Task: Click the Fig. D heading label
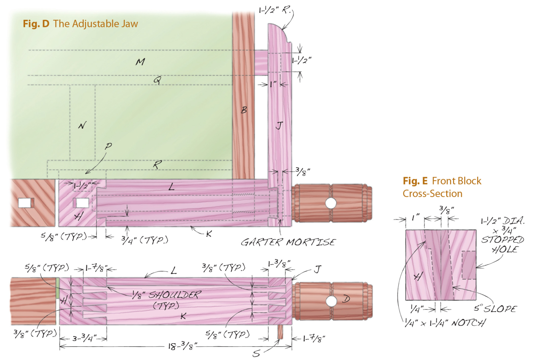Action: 80,24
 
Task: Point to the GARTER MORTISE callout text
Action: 288,242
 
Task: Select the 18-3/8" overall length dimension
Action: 182,346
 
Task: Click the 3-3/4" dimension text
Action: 84,338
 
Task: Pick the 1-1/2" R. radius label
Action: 274,10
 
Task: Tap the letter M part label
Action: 140,61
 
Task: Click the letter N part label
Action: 82,125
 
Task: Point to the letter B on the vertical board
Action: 244,110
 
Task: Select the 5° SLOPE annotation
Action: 495,308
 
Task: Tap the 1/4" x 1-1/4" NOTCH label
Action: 445,323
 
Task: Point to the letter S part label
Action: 257,354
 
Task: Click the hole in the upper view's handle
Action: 330,203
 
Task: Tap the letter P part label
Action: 109,146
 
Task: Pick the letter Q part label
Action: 157,80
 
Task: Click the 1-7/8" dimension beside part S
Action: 314,338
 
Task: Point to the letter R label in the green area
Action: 157,165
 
